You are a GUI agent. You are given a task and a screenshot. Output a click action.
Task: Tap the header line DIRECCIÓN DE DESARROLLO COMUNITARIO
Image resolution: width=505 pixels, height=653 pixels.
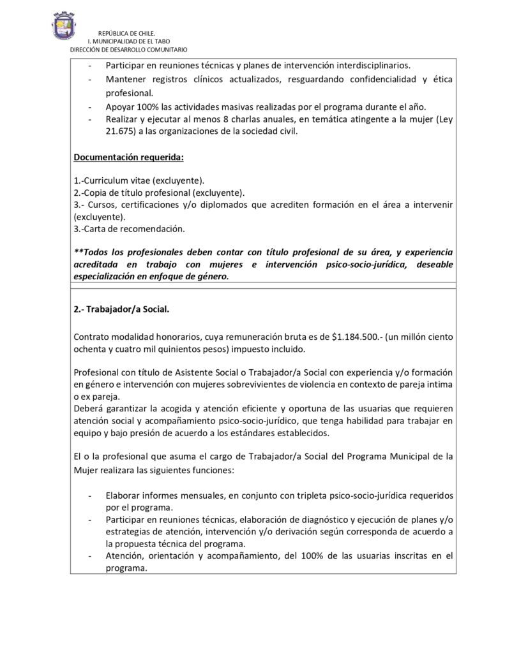click(128, 49)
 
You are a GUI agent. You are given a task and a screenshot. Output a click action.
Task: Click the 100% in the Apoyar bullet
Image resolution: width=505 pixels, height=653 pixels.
click(149, 106)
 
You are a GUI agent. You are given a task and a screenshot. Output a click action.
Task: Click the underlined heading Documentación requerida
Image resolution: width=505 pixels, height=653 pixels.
click(128, 157)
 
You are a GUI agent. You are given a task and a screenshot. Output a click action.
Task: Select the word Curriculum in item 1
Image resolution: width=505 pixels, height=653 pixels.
click(106, 180)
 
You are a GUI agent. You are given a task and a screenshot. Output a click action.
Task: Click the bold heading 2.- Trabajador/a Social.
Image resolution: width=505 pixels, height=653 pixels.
click(121, 309)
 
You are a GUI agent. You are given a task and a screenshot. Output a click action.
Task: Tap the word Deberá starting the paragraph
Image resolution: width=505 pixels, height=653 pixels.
click(88, 409)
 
